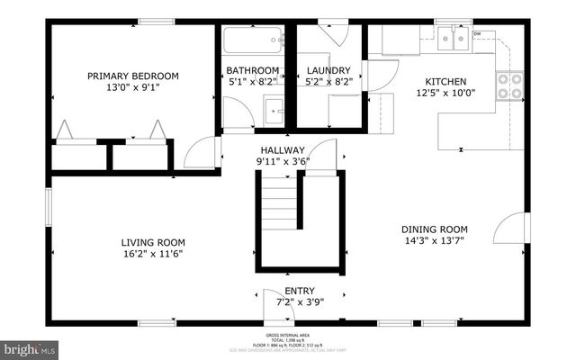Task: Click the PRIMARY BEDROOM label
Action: (x=132, y=76)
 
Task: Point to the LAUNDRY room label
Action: (x=328, y=70)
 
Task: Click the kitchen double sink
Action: (x=454, y=39)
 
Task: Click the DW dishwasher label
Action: (x=477, y=34)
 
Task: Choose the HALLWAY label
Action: (x=283, y=150)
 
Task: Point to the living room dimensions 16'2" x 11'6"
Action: (x=153, y=255)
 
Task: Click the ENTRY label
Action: (x=299, y=291)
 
